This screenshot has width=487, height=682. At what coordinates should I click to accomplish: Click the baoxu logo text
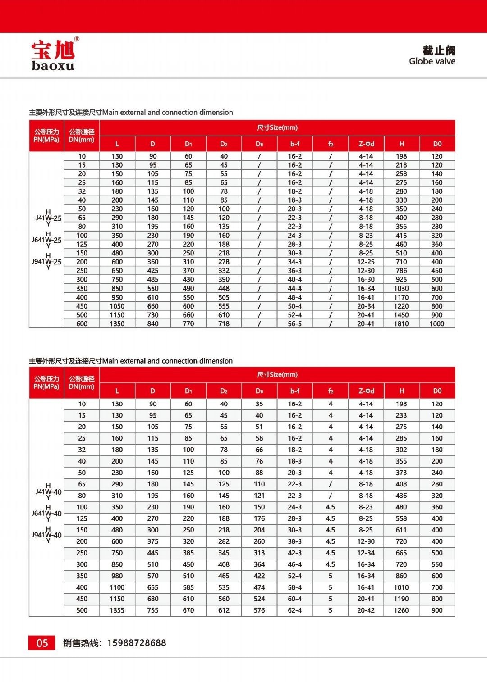click(x=53, y=65)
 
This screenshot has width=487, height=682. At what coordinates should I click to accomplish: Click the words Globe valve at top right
click(x=432, y=61)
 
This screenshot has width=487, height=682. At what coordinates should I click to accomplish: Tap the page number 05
click(x=42, y=643)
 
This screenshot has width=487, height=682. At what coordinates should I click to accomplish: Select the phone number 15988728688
click(x=136, y=643)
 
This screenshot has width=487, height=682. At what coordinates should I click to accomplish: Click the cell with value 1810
click(x=401, y=323)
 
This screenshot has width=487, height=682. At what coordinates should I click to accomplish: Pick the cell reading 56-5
click(x=294, y=323)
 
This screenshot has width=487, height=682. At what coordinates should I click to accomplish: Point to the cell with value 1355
click(x=117, y=610)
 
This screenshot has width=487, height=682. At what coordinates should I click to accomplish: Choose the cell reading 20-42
click(x=366, y=610)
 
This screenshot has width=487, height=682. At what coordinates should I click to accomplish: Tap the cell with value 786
click(x=401, y=271)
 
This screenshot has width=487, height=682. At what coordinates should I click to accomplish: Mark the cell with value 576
click(x=259, y=610)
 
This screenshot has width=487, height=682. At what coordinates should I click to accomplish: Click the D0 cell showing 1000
click(x=436, y=323)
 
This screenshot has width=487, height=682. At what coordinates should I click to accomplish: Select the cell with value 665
click(x=401, y=553)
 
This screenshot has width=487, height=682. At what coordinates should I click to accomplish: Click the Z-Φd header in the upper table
click(x=366, y=144)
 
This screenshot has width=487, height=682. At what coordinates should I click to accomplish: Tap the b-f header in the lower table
click(x=294, y=391)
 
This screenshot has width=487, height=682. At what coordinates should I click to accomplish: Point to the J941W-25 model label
click(x=46, y=262)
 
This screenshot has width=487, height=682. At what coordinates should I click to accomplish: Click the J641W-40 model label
click(x=46, y=514)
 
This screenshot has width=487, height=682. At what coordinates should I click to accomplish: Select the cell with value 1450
click(x=401, y=315)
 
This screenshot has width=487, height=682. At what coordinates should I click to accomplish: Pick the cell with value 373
click(x=401, y=473)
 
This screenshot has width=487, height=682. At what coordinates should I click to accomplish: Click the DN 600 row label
click(x=82, y=323)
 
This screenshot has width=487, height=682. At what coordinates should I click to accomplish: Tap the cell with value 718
click(x=224, y=323)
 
